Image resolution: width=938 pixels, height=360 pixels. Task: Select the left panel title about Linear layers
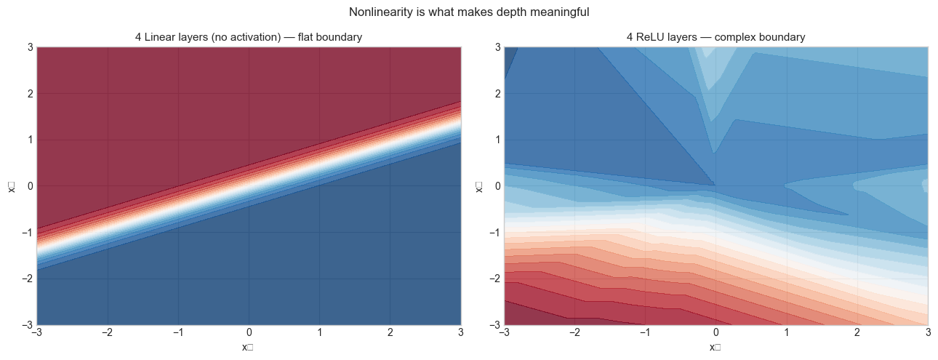point(249,37)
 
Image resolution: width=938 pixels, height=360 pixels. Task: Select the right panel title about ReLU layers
point(715,37)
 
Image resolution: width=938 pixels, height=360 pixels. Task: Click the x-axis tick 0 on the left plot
point(249,334)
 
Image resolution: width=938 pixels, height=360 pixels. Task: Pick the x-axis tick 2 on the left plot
point(390,334)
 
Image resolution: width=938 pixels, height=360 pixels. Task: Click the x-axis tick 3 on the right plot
point(928,334)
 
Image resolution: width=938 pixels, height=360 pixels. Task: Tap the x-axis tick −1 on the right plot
point(644,334)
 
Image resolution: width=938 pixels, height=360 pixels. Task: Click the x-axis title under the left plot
point(249,347)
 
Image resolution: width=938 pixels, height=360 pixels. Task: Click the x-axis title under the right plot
point(715,347)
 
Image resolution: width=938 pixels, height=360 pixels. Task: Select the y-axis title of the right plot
point(478,186)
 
